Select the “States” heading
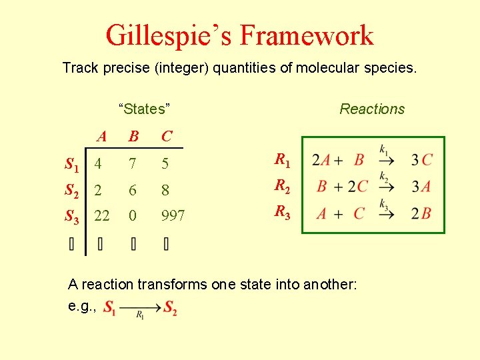(145, 109)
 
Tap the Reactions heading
(372, 109)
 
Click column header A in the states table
(101, 137)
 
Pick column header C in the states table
(167, 137)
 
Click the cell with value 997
(173, 216)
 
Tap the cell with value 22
(102, 216)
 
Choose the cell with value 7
(133, 163)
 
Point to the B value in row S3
(133, 216)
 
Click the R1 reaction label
(282, 159)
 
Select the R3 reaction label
(282, 213)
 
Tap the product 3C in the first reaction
(421, 160)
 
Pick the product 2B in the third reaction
(421, 213)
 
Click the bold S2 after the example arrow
(170, 309)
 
